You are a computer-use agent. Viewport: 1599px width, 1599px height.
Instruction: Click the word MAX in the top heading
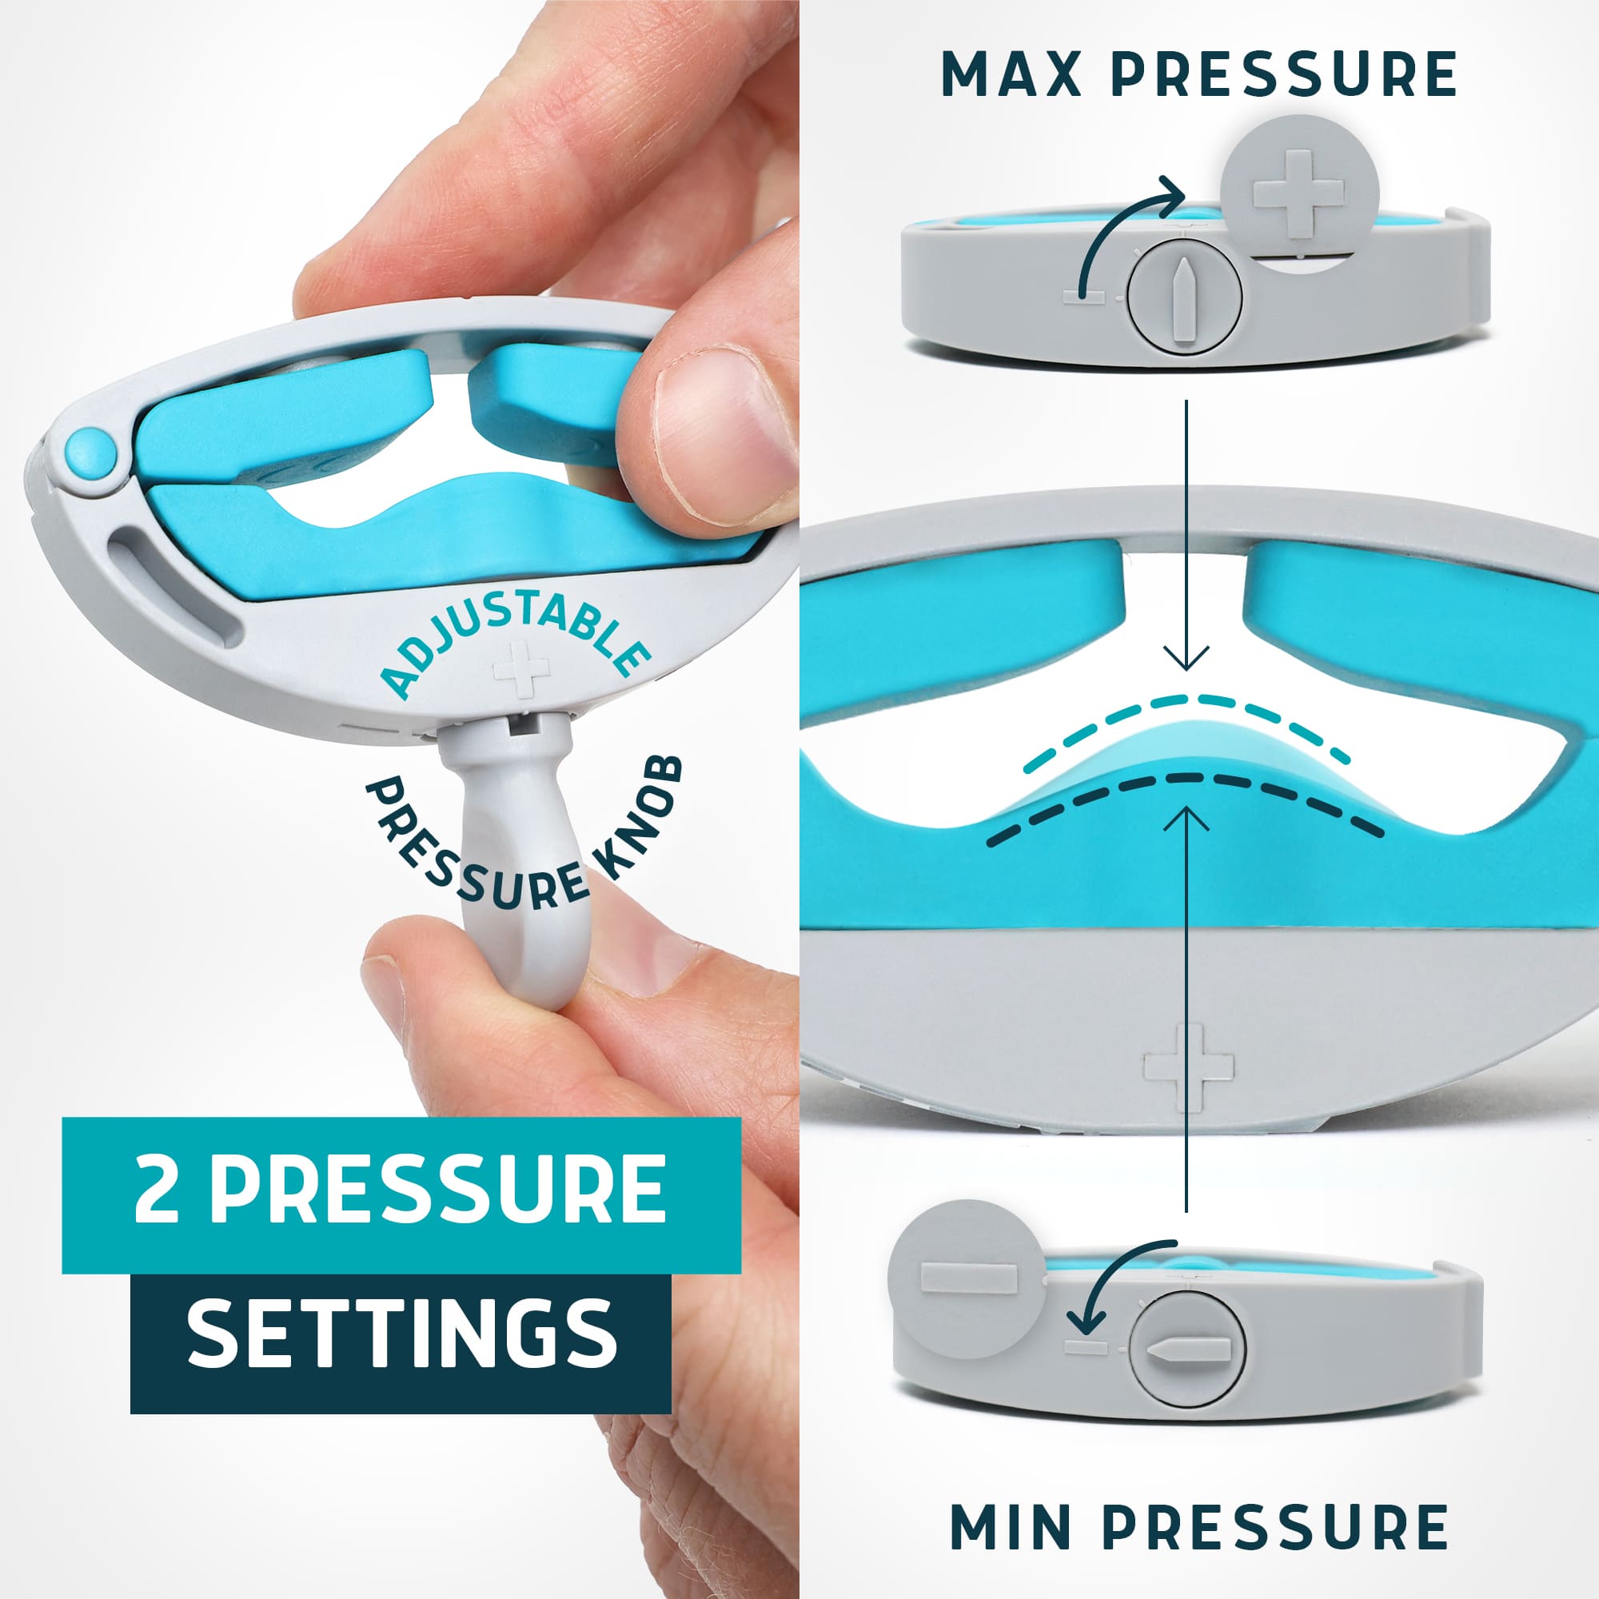tap(1011, 74)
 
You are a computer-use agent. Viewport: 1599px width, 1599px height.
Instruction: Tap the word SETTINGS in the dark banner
tap(401, 1333)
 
